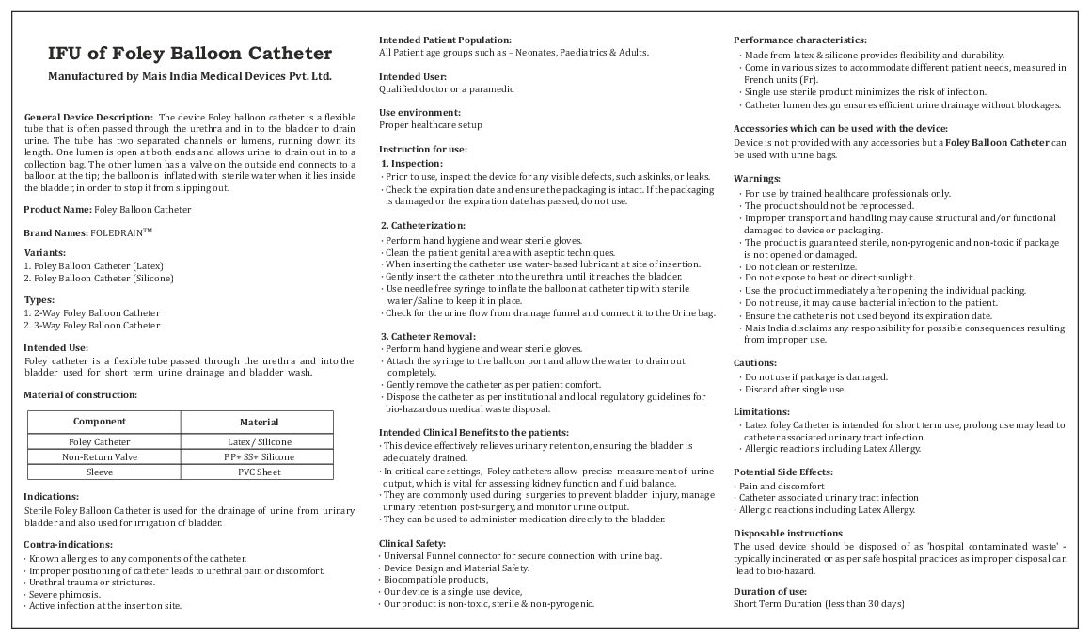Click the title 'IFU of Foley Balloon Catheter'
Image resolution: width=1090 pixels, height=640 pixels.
(190, 53)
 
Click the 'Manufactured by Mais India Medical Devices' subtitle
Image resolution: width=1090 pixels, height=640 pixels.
(190, 75)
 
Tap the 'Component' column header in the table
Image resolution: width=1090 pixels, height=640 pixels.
(100, 422)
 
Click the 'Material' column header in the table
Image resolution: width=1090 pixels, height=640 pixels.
(259, 423)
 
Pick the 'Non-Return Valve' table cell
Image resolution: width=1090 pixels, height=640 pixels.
(100, 456)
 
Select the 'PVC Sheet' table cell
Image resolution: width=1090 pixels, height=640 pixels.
(259, 472)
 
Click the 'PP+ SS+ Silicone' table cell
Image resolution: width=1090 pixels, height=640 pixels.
(259, 456)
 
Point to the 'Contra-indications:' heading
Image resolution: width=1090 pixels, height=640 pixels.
(68, 544)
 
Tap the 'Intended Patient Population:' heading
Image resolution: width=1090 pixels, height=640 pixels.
(445, 40)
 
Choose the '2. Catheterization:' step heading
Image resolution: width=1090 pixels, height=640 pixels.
(422, 226)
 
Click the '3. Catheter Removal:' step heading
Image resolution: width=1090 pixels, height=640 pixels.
(428, 336)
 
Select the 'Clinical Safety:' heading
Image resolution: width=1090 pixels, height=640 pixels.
(412, 543)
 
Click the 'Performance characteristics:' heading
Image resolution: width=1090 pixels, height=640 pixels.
(799, 40)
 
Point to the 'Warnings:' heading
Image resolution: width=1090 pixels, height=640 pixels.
(756, 179)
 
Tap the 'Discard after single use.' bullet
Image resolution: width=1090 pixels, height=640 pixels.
(795, 390)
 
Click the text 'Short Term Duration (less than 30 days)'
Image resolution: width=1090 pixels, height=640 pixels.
(818, 603)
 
